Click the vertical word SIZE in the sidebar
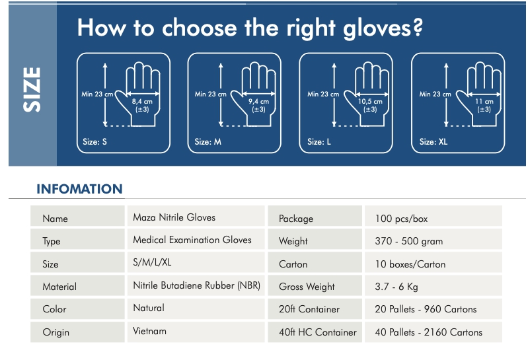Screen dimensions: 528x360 [x=32, y=90]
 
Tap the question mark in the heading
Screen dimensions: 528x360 [x=418, y=27]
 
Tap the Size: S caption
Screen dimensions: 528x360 [x=94, y=141]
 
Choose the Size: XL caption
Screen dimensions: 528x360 [x=434, y=141]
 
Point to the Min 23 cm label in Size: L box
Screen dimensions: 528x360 [x=323, y=94]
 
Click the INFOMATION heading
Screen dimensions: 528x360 [x=79, y=189]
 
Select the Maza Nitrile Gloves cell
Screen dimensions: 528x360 [x=174, y=217]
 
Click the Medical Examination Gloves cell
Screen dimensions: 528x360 [x=192, y=240]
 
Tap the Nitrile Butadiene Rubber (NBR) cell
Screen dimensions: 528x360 [x=197, y=285]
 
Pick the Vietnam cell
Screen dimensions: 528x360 [x=149, y=331]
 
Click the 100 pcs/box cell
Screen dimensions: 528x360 [x=401, y=219]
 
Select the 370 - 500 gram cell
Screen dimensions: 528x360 [x=409, y=241]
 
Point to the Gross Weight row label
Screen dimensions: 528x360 [x=307, y=287]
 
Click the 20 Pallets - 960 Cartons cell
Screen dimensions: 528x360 [x=426, y=309]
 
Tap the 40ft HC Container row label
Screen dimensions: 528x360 [x=318, y=332]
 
